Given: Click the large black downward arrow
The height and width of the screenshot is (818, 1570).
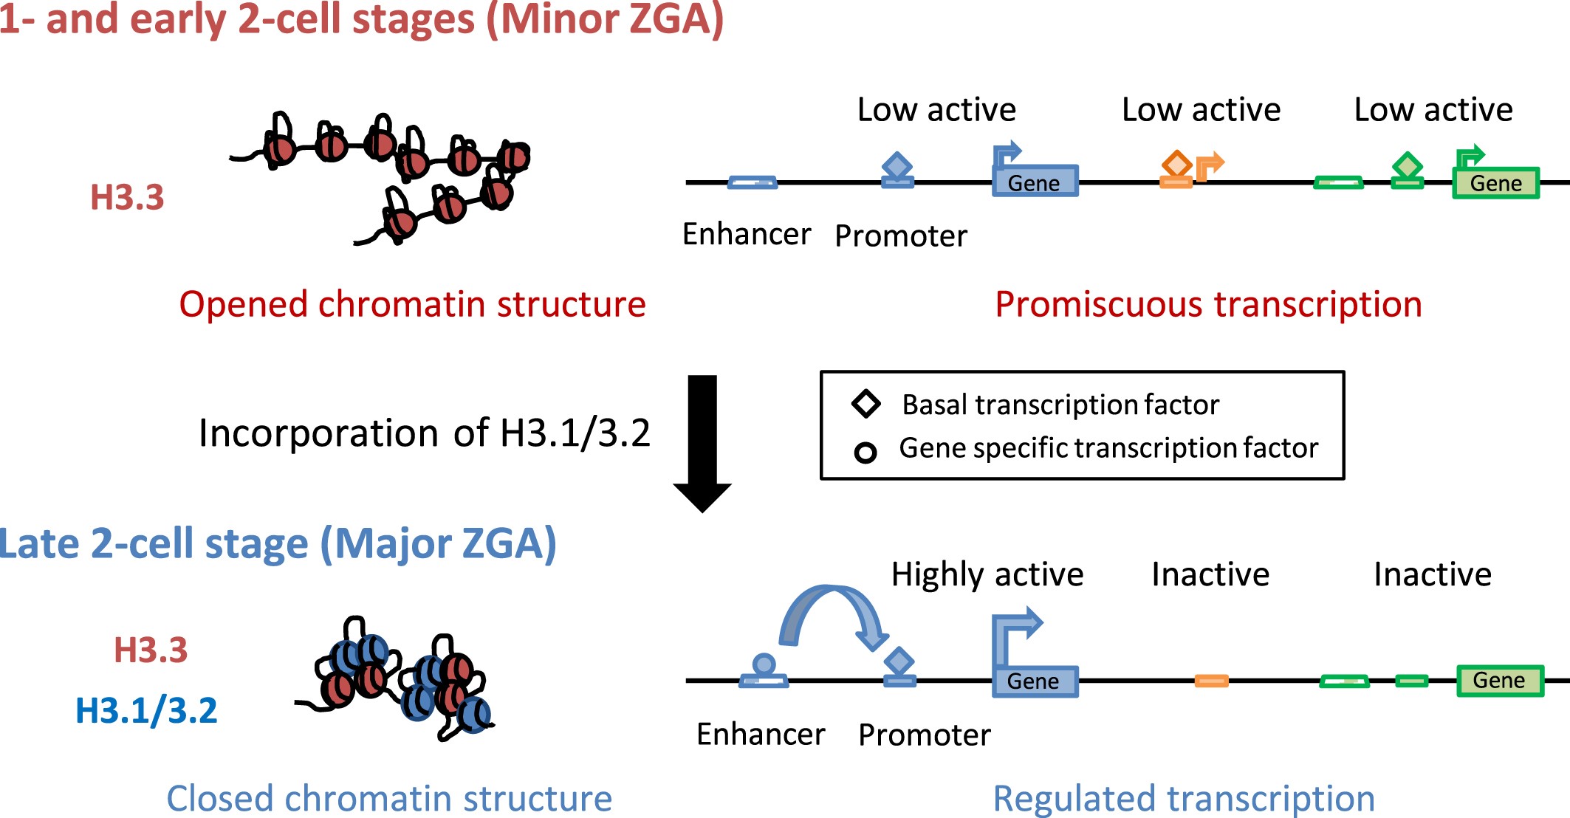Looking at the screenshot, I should point(702,443).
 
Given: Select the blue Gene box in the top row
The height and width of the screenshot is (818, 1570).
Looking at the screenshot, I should point(1035,182).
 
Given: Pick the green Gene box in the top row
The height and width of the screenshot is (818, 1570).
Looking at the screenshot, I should point(1495,183).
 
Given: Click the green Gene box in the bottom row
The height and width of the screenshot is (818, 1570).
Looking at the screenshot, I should point(1499,680).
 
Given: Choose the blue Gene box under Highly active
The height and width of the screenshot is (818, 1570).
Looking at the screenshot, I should point(1034,681).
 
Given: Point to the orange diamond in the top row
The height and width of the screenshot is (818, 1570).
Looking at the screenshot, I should point(1176,163).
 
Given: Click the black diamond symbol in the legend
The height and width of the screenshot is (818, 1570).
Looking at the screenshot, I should point(865,404).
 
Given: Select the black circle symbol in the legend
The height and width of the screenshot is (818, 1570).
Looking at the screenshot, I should point(865,452).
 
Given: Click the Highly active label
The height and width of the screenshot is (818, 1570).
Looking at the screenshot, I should point(987,574).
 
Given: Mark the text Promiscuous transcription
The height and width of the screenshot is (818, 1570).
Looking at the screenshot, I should point(1208,304).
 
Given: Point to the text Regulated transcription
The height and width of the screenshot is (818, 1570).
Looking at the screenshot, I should point(1183,798).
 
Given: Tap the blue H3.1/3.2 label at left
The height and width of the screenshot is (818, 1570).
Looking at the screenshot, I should point(146,710).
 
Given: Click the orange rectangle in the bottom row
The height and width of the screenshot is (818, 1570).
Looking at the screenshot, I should point(1211,681).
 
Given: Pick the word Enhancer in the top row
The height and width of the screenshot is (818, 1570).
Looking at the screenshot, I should point(746,234).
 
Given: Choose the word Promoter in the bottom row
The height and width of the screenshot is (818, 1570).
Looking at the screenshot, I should point(924,735).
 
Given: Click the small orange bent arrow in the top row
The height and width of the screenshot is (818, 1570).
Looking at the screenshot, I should point(1208,165).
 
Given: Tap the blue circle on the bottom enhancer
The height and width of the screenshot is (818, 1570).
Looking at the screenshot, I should point(764,664).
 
